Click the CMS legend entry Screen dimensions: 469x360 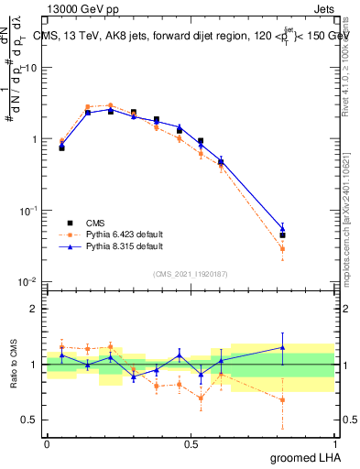tap(95, 223)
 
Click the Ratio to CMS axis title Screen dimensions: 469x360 tap(15, 363)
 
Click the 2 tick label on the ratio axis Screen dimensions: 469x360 tap(36, 309)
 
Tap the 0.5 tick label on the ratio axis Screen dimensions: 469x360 tap(32, 420)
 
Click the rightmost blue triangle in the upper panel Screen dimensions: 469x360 tap(282, 229)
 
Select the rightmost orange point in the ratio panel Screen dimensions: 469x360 tap(282, 399)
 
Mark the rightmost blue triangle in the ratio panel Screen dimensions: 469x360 tap(282, 347)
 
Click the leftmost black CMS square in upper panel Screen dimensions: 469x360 tap(61, 147)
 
